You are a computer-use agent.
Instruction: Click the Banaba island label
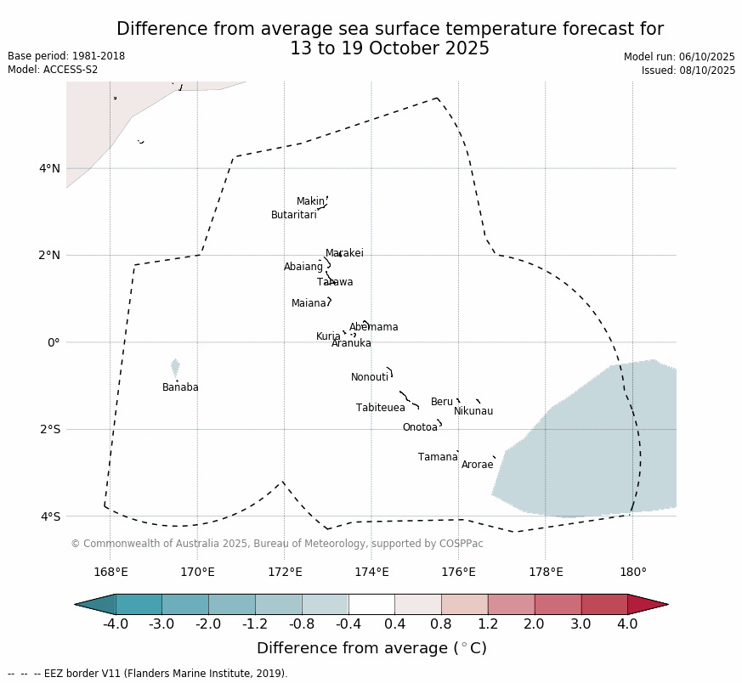[180, 387]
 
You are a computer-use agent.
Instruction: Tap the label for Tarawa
[335, 282]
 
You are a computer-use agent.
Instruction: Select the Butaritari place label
[293, 215]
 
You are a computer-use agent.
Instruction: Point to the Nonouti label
[370, 377]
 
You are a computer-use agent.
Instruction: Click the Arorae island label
[477, 465]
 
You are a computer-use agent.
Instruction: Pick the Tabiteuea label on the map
[380, 408]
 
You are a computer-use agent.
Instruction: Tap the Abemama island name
[373, 327]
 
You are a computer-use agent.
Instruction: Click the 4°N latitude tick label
[49, 168]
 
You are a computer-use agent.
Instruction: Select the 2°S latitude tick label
[49, 429]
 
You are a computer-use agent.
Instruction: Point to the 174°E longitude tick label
[371, 572]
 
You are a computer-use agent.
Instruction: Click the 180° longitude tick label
[632, 572]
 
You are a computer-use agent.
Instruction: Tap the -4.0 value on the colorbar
[116, 624]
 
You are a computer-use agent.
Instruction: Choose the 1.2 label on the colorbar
[488, 624]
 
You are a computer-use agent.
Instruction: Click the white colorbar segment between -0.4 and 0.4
[371, 604]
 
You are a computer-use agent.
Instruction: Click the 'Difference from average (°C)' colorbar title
[371, 648]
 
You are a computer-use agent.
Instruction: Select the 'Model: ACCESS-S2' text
[53, 70]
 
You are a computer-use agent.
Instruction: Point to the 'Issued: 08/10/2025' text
[688, 71]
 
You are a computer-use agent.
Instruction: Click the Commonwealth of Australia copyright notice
[276, 544]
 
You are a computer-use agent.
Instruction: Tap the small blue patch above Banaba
[175, 367]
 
